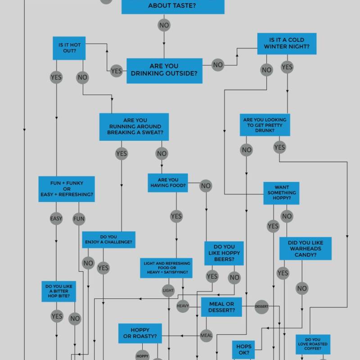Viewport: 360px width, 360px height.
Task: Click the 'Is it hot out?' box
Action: [69, 48]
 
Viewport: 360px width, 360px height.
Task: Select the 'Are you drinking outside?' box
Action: [164, 71]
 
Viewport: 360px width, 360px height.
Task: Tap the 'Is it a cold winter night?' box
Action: [287, 44]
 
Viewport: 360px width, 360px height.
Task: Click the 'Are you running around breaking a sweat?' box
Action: [134, 127]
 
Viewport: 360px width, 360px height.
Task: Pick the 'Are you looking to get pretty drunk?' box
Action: [265, 125]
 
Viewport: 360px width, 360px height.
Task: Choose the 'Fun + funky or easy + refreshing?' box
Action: [67, 189]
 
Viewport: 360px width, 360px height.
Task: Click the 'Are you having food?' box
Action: [168, 183]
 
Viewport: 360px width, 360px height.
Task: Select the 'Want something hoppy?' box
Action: [282, 193]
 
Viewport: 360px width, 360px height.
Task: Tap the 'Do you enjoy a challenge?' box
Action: [108, 239]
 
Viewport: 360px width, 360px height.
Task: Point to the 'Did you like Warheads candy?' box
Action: [306, 248]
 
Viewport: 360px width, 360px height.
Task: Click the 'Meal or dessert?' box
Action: [221, 307]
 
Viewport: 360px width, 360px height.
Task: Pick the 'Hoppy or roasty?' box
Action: [140, 333]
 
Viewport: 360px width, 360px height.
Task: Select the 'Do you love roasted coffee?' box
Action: [313, 344]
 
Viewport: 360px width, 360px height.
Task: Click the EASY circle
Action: [56, 219]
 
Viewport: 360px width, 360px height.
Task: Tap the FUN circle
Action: [79, 219]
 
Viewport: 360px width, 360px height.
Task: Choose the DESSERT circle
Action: [261, 307]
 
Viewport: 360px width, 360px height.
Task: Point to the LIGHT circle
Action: [168, 291]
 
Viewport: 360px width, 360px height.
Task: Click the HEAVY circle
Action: [183, 306]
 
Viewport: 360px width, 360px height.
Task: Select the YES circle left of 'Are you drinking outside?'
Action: [116, 71]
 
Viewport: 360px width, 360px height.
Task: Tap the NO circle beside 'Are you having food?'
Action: [206, 185]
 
